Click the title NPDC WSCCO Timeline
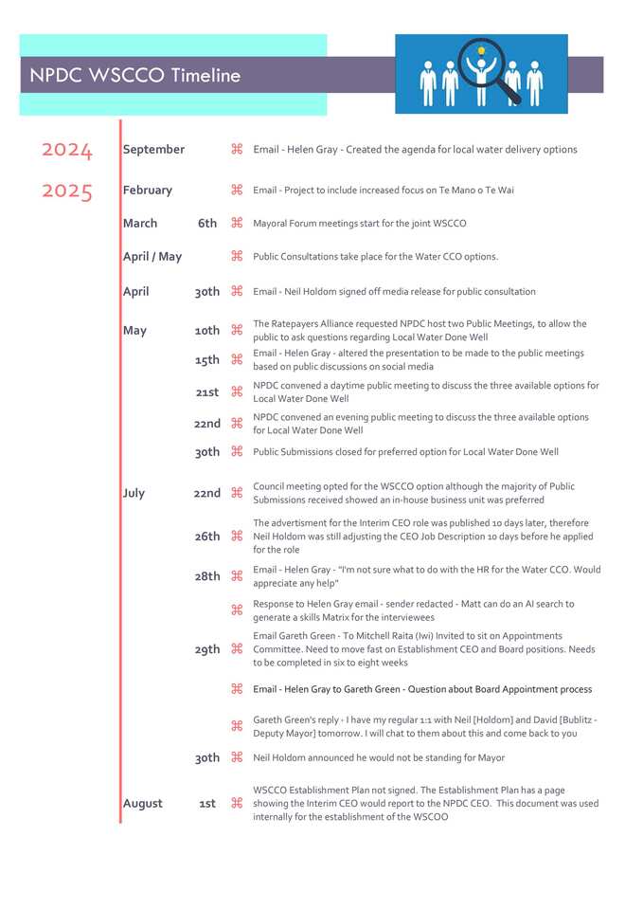coord(134,76)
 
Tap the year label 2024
coord(67,150)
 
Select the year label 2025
coord(67,191)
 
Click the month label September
coord(153,150)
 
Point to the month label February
coord(147,191)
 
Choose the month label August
coord(142,804)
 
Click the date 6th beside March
coord(207,224)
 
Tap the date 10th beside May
coord(207,331)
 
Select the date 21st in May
coord(207,392)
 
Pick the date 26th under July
coord(207,537)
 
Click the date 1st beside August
coord(207,804)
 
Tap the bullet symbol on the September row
coord(237,149)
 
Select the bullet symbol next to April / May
coord(237,256)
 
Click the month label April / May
coord(152,257)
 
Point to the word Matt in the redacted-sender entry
coord(468,604)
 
